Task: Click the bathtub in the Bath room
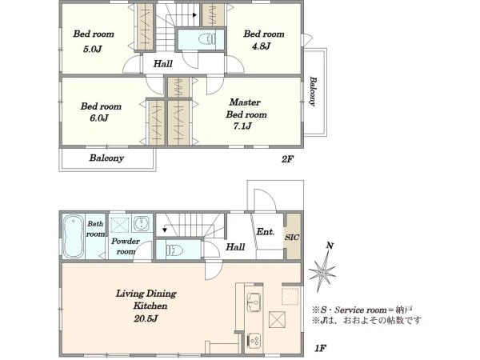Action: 72,238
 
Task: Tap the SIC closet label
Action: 294,236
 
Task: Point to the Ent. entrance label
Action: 266,233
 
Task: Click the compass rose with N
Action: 326,273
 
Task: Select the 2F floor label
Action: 287,159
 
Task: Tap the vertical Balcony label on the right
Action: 313,91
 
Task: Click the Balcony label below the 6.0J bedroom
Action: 106,158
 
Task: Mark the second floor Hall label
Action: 163,63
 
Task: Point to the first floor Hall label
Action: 235,248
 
